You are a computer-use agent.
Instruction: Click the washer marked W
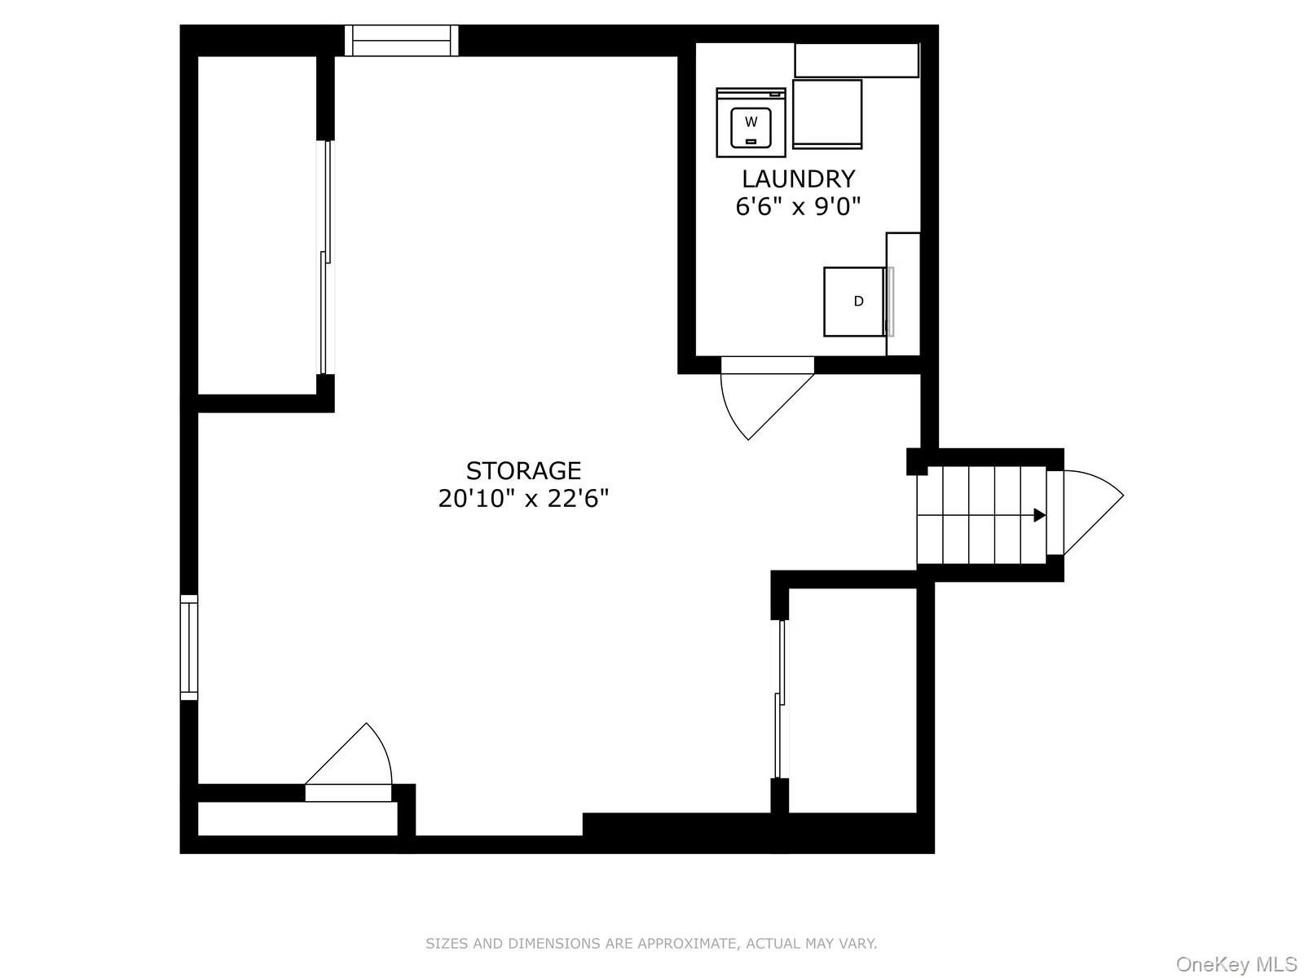click(x=751, y=123)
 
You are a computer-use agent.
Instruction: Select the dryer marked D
click(x=855, y=302)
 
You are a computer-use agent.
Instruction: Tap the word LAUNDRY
click(x=798, y=178)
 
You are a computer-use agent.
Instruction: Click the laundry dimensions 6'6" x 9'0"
click(x=798, y=206)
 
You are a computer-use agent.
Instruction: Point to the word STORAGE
click(x=523, y=470)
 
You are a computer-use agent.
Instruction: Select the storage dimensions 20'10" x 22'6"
click(x=523, y=498)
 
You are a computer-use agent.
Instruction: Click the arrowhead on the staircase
click(x=1039, y=515)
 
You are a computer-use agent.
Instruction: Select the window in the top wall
click(x=400, y=41)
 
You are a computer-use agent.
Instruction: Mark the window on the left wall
click(x=189, y=647)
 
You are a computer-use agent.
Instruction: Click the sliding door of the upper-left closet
click(x=325, y=257)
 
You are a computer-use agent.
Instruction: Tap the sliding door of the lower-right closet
click(x=781, y=699)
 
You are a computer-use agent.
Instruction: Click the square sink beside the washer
click(x=826, y=114)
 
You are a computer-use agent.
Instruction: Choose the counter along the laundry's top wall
click(x=856, y=60)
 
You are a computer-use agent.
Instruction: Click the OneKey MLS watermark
click(x=1236, y=965)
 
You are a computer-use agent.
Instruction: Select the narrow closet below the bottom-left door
click(x=297, y=819)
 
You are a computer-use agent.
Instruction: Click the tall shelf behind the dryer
click(x=903, y=293)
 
